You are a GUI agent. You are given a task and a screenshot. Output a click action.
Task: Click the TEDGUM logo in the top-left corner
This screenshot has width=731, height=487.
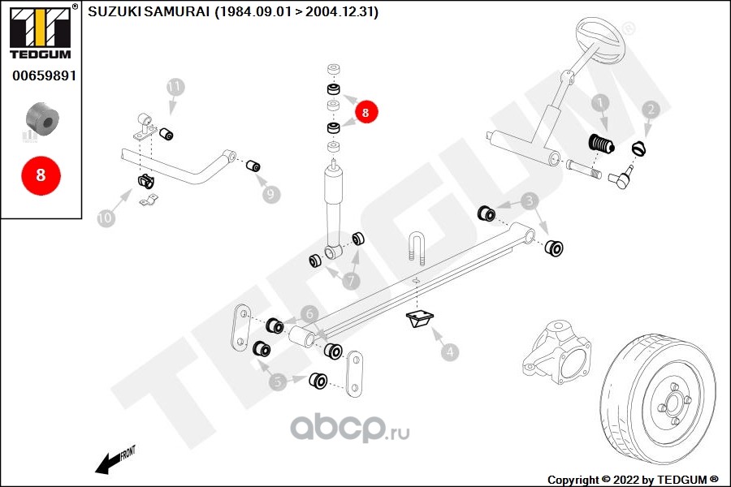[x=41, y=32]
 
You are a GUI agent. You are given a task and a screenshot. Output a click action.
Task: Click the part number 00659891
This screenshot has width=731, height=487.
[x=45, y=75]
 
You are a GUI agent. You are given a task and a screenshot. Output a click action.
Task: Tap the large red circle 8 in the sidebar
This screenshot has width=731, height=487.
[x=41, y=175]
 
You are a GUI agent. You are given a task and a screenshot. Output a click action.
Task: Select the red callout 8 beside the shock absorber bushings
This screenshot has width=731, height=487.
[x=365, y=112]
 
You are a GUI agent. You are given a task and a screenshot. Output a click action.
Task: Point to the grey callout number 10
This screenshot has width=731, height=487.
[x=106, y=218]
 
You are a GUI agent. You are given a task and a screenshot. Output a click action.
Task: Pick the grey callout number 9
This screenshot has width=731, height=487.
[x=270, y=194]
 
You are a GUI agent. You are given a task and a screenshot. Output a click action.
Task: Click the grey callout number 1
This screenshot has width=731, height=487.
[x=600, y=103]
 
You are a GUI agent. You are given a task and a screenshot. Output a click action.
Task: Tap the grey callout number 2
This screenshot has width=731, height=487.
[x=651, y=110]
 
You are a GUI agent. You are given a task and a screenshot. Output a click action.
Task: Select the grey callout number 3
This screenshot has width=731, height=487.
[x=530, y=201]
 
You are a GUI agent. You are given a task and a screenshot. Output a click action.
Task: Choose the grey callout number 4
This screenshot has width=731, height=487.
[x=450, y=351]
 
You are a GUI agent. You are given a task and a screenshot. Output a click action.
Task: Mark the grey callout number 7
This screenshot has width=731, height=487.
[x=352, y=281]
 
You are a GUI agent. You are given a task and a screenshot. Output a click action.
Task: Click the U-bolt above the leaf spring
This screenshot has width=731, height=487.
[x=417, y=248]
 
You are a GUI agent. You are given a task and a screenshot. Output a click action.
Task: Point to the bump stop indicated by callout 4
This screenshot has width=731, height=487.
[x=420, y=319]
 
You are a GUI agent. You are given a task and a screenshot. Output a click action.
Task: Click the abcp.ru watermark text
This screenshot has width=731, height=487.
[x=350, y=427]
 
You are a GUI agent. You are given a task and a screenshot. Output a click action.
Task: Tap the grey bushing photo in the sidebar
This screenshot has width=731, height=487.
[x=42, y=119]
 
